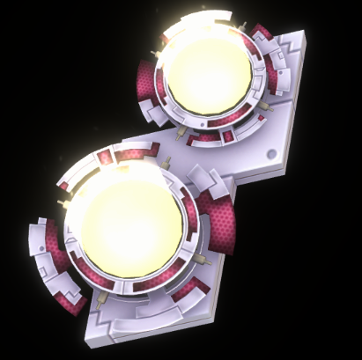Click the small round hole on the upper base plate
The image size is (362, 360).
tap(280, 155)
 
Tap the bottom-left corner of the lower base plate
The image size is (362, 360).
tap(85, 343)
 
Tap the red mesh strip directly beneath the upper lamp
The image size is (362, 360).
tap(204, 136)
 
